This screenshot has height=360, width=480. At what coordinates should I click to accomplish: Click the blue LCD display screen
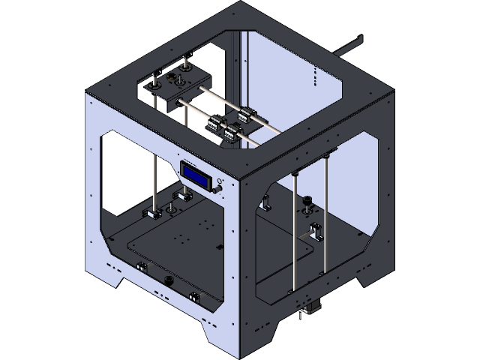pyautogui.click(x=196, y=174)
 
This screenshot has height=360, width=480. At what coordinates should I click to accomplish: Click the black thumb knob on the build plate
pyautogui.click(x=307, y=201)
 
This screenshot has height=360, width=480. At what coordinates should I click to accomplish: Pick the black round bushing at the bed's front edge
pyautogui.click(x=169, y=280)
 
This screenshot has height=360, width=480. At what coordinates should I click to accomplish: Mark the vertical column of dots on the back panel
pyautogui.click(x=315, y=75)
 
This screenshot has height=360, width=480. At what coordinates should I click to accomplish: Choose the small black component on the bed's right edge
pyautogui.click(x=218, y=246)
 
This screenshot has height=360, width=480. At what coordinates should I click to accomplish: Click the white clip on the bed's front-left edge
pyautogui.click(x=139, y=267)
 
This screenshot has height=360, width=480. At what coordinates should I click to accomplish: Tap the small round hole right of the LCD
pyautogui.click(x=220, y=181)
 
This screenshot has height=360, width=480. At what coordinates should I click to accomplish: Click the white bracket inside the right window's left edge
pyautogui.click(x=266, y=201)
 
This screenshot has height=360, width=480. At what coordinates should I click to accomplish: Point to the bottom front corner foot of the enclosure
pyautogui.click(x=241, y=351)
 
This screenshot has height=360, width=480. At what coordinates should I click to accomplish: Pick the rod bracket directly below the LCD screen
pyautogui.click(x=183, y=198)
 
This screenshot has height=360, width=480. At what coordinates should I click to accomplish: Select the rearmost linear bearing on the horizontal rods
pyautogui.click(x=245, y=113)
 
